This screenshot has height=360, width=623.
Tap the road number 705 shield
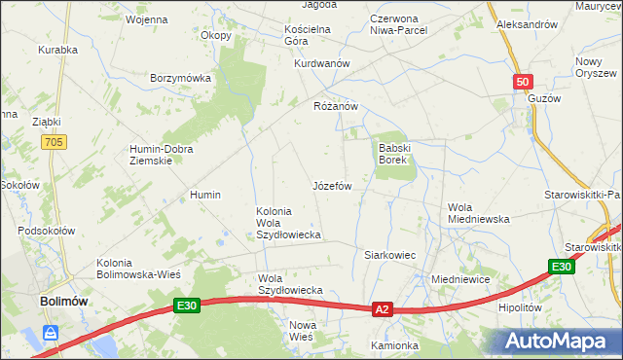55,143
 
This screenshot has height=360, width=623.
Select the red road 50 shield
524,84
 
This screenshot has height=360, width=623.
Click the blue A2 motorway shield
383,309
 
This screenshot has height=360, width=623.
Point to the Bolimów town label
64,302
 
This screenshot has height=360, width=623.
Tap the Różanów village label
337,106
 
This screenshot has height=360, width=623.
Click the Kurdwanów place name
321,63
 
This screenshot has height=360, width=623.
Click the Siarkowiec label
389,255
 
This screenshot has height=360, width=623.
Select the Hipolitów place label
519,306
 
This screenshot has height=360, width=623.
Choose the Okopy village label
216,36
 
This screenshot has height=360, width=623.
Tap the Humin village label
206,195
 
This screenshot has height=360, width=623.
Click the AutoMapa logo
559,341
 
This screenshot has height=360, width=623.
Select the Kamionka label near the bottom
394,345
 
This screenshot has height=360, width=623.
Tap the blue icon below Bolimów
51,334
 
